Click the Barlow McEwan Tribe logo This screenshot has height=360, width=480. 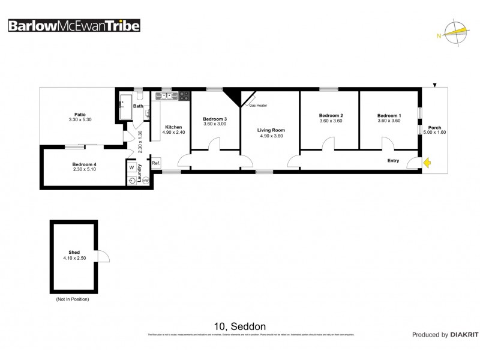pyautogui.click(x=73, y=26)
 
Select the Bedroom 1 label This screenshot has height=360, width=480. pyautogui.click(x=389, y=115)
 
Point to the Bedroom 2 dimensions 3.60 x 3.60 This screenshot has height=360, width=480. pyautogui.click(x=330, y=121)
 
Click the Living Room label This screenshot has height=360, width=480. pyautogui.click(x=271, y=130)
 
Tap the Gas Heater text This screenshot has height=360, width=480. pyautogui.click(x=258, y=106)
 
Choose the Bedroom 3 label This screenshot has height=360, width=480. pyautogui.click(x=215, y=118)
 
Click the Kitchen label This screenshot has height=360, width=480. pyautogui.click(x=173, y=127)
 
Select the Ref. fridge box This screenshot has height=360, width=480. pyautogui.click(x=155, y=163)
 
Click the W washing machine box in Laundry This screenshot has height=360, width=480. pyautogui.click(x=131, y=168)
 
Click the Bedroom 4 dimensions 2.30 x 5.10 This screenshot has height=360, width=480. pyautogui.click(x=84, y=169)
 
